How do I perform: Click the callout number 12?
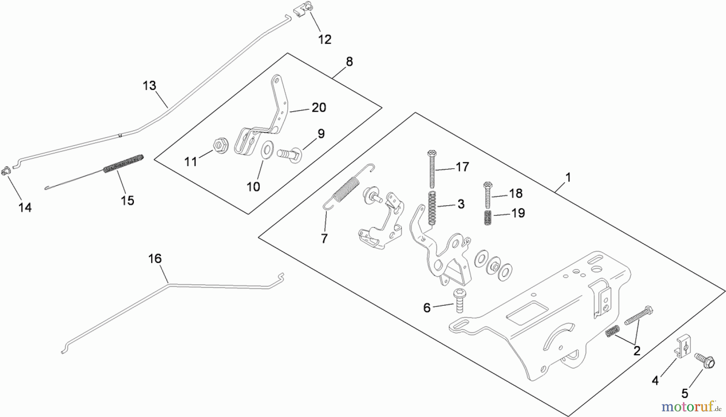(325, 40)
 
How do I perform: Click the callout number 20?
(319, 108)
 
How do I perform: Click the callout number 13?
(149, 86)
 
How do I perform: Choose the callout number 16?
(155, 259)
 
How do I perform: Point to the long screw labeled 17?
(432, 169)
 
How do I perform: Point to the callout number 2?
(636, 351)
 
